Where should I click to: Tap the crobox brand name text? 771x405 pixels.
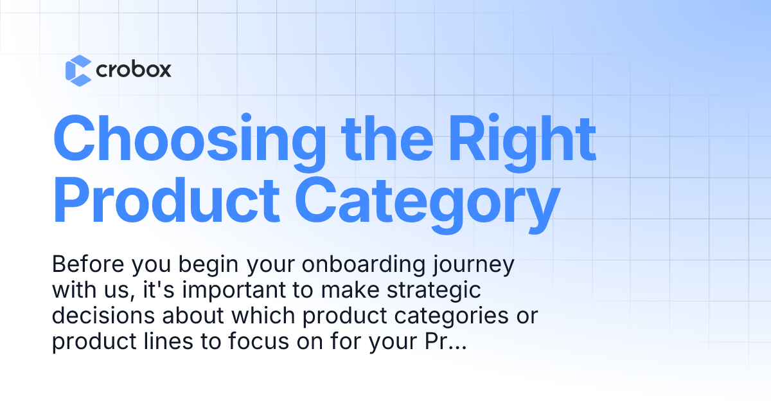pyautogui.click(x=134, y=70)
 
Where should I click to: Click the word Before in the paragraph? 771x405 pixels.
pyautogui.click(x=87, y=265)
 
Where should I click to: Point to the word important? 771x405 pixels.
pyautogui.click(x=230, y=291)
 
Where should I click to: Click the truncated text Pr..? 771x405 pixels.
pyautogui.click(x=437, y=343)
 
